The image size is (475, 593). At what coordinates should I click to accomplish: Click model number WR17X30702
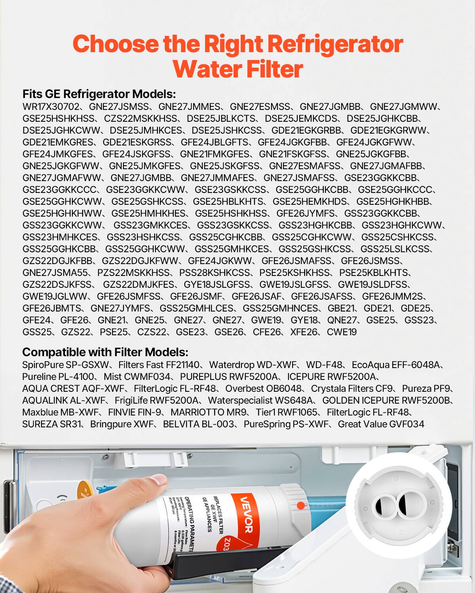coord(51,107)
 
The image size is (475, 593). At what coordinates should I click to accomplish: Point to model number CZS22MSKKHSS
coord(141,119)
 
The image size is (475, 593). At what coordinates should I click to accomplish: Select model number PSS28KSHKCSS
coord(215,273)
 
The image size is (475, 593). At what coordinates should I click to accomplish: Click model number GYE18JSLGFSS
coord(217,285)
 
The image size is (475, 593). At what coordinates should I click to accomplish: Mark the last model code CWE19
coord(342,332)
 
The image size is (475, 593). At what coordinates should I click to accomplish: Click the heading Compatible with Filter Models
coord(105,352)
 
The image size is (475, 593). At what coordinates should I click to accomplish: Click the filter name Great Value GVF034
coord(381,424)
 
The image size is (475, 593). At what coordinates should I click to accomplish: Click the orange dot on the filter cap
coord(300,506)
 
